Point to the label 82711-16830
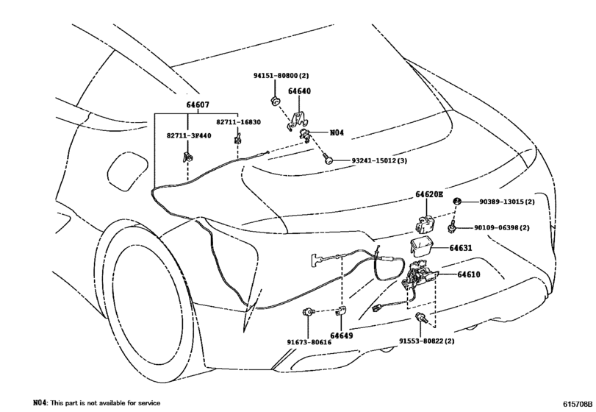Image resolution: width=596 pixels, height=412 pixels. click(238, 123)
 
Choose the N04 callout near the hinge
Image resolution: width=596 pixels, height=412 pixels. click(337, 133)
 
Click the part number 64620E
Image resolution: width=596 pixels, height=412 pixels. click(429, 195)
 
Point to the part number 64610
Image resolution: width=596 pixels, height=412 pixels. click(468, 275)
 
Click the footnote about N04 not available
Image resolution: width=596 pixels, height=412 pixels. click(96, 403)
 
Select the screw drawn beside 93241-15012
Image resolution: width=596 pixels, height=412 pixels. click(330, 157)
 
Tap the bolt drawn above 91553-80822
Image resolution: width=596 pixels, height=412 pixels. click(423, 317)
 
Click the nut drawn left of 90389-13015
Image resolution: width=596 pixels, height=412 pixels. click(456, 202)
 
